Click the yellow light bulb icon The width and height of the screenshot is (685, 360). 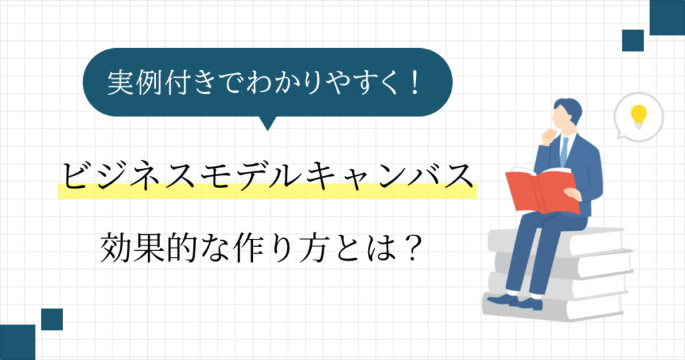638,116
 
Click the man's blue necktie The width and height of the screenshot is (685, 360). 564,151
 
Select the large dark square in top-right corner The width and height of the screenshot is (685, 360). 667,17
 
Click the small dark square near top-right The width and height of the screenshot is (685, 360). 633,41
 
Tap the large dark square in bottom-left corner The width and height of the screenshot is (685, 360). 17,342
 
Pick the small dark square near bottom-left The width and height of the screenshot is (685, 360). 52,319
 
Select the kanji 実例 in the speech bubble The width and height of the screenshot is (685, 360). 134,82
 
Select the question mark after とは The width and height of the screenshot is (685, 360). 412,248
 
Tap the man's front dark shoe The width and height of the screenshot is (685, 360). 502,299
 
